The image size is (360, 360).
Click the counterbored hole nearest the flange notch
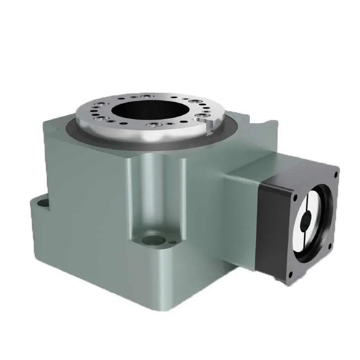tap(200, 117)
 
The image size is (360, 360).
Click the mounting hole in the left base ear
tap(40, 202)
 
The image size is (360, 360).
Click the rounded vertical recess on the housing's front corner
tap(149, 193)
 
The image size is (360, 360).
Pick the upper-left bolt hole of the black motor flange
tap(296, 197)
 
